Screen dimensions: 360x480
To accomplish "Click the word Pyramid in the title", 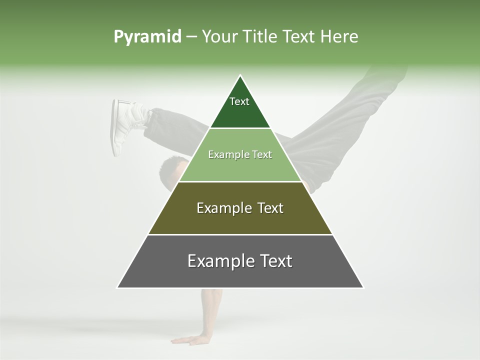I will pos(147,37).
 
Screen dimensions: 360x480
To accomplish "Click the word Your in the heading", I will pos(219,37).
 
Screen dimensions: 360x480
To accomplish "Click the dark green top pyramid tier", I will pos(240,112).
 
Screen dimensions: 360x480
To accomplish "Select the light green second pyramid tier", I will pos(240,165).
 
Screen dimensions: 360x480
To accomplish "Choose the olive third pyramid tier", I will pos(240,220).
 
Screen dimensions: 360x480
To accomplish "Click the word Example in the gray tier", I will pos(218,261).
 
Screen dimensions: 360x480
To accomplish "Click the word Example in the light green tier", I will pos(224,154).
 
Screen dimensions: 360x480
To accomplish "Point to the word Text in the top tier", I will pos(239,101).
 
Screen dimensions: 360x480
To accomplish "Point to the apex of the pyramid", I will pos(240,76).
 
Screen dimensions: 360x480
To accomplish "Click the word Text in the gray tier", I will pos(274,261).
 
